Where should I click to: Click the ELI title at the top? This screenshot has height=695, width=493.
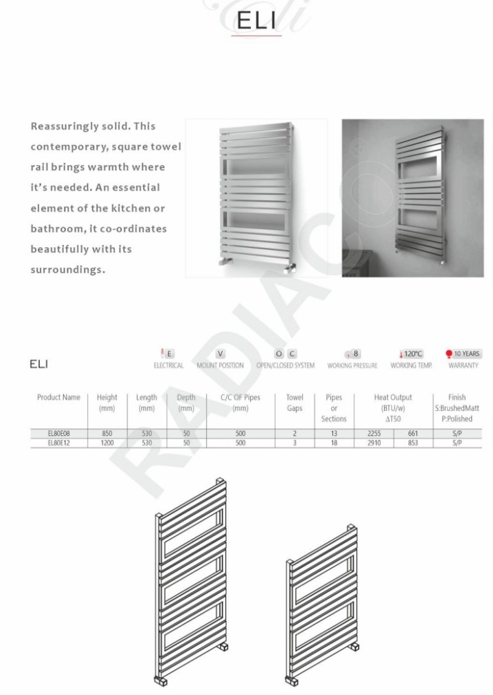coord(256,22)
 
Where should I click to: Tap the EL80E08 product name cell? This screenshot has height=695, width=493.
coord(59,434)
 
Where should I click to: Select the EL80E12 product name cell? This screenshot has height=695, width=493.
coord(59,443)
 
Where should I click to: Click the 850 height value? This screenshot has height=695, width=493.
coord(107,434)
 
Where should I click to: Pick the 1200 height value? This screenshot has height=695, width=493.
coord(107,443)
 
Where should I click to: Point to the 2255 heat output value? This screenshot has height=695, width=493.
coord(374,434)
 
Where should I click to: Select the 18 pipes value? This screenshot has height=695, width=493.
coord(334,443)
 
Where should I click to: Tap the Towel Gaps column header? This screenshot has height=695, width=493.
coord(295,403)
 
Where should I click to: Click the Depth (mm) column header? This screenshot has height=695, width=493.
coord(185,403)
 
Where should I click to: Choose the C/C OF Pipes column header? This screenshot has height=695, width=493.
coord(240,403)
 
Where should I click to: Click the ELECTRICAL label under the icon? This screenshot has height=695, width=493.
coord(168,365)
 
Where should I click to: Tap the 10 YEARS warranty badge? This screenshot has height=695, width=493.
coord(463,354)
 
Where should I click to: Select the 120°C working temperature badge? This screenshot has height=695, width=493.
coord(411,354)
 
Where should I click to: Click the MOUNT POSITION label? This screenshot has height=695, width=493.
coord(220,365)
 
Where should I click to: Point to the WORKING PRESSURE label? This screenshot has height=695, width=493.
coord(352,365)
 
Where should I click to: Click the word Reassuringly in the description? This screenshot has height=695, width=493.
coord(64,126)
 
